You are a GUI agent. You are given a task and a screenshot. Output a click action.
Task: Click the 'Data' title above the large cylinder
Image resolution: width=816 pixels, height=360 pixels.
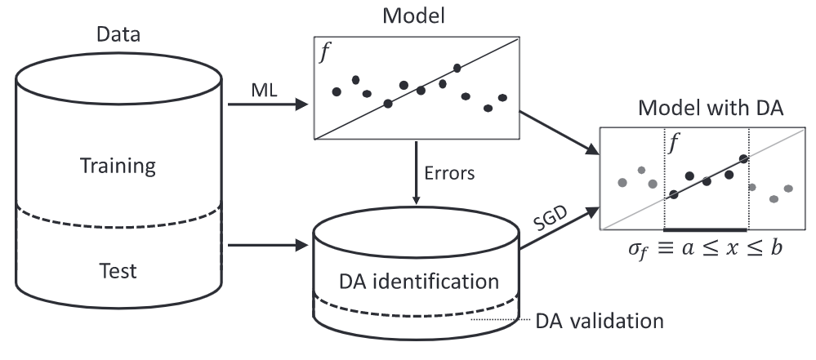[x=118, y=35]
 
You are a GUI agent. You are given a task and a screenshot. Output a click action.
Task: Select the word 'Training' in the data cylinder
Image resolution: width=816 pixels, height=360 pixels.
[x=118, y=167]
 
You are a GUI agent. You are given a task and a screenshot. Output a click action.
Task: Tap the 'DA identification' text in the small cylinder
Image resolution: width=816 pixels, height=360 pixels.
[x=417, y=282]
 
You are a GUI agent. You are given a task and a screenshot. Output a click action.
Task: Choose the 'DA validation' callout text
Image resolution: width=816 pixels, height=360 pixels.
[x=599, y=321]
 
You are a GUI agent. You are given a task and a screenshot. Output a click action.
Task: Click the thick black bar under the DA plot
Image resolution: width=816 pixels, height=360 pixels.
[x=706, y=230]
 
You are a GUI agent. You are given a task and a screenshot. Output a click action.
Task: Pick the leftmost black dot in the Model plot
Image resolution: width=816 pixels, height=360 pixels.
[x=337, y=91]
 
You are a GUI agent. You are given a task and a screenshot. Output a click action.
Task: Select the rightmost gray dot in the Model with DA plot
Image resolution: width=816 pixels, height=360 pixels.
[x=788, y=189]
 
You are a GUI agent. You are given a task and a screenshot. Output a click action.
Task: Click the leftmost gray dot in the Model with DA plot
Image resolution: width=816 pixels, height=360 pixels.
[x=622, y=181]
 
